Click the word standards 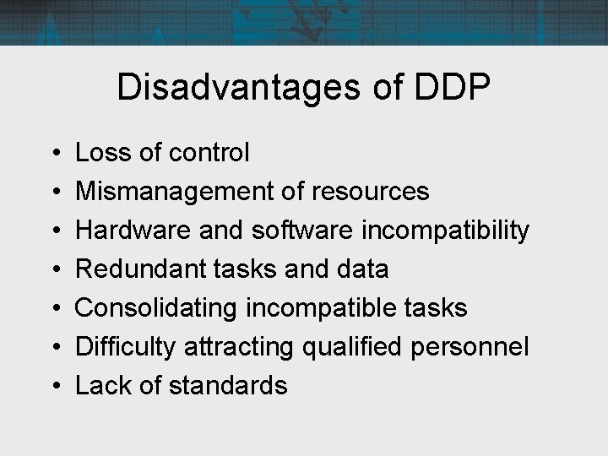(x=228, y=386)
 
